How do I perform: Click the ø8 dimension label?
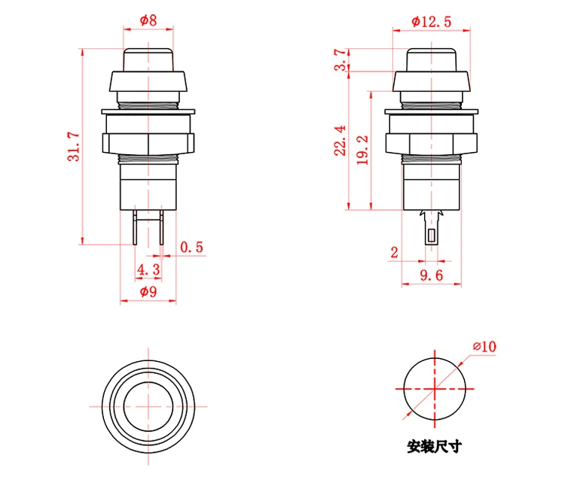[x=148, y=21]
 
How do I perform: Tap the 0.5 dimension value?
[x=192, y=247]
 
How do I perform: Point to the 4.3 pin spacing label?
[x=148, y=269]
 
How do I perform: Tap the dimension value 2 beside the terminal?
[x=395, y=253]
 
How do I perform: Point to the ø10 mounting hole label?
[x=484, y=346]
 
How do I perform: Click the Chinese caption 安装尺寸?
[x=434, y=446]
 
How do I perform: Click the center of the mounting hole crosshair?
[x=434, y=388]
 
